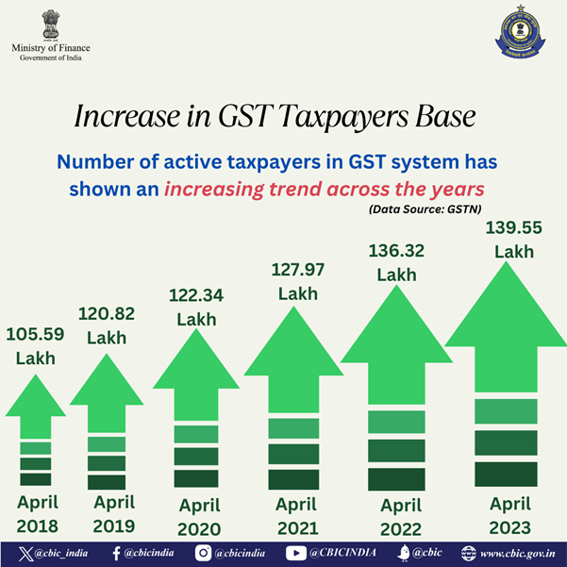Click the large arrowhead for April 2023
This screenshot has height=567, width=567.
click(x=506, y=316)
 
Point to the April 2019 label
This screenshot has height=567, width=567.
click(x=114, y=513)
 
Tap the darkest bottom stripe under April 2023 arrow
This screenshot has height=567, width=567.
click(x=506, y=475)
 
